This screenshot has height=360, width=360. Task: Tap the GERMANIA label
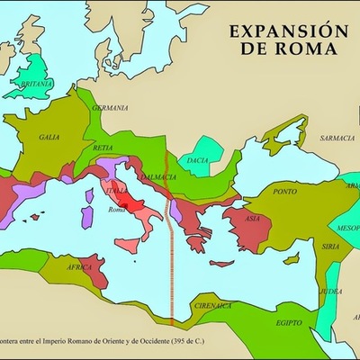click(x=111, y=108)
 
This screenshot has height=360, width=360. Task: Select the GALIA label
click(x=49, y=137)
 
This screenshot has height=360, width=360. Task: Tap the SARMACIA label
click(x=338, y=138)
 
